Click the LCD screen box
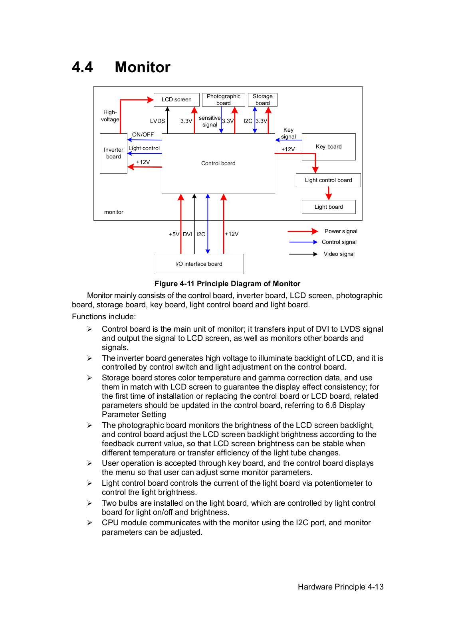click(x=176, y=100)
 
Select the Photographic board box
click(x=224, y=100)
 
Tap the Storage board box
click(x=263, y=100)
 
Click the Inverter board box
click(x=113, y=153)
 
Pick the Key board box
click(x=329, y=147)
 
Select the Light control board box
click(x=328, y=180)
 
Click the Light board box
click(x=329, y=207)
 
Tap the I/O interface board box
click(x=199, y=264)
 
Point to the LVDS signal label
click(x=157, y=121)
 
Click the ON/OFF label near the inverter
click(x=143, y=135)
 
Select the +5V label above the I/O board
click(x=174, y=234)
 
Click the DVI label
click(x=188, y=234)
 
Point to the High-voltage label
click(x=110, y=116)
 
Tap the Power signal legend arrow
click(x=303, y=231)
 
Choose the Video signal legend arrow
click(x=303, y=254)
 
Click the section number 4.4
click(x=82, y=67)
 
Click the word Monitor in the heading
click(x=143, y=67)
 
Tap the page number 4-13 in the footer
click(x=375, y=587)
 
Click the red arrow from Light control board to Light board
click(x=329, y=193)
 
